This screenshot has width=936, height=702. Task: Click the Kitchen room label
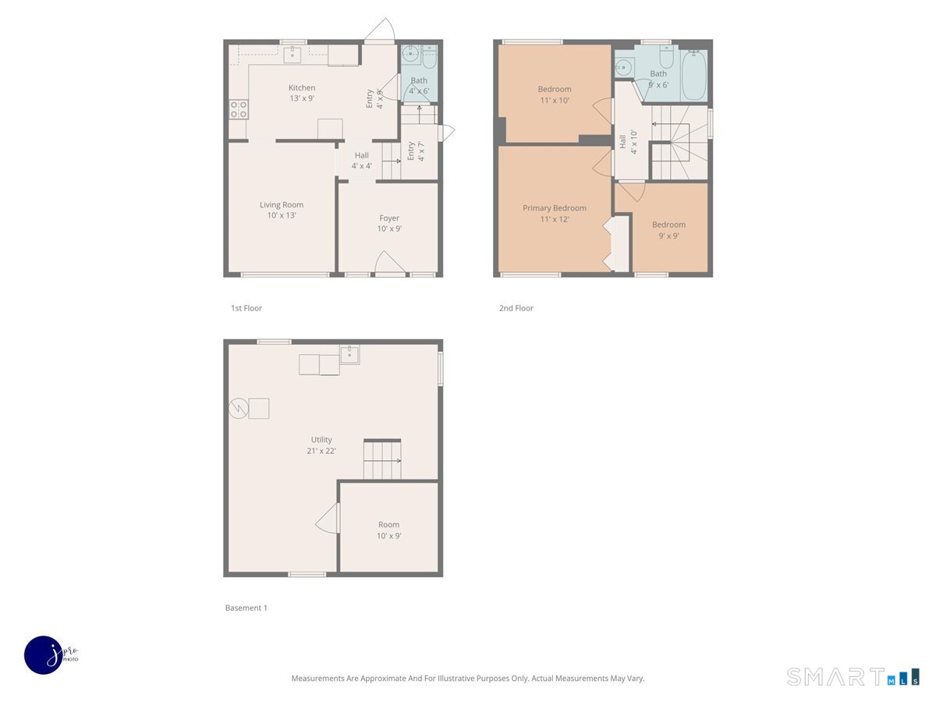(x=302, y=88)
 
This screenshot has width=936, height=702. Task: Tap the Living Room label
(x=282, y=205)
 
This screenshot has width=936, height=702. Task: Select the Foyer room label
(x=389, y=218)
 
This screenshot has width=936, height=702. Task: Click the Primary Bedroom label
(x=554, y=208)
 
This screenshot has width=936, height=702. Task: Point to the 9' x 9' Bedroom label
(x=668, y=225)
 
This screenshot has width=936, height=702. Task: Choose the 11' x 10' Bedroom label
(x=554, y=89)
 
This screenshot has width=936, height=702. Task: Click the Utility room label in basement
(x=321, y=440)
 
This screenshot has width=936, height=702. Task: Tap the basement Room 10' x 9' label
(x=388, y=525)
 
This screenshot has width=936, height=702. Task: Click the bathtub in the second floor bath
(x=693, y=76)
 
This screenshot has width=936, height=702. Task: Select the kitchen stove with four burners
(x=239, y=109)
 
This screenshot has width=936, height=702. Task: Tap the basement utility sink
(x=349, y=354)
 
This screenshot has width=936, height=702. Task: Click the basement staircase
(x=382, y=460)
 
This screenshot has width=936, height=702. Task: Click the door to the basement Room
(x=329, y=518)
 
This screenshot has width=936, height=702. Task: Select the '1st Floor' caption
(x=246, y=308)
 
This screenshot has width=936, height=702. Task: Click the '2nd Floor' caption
(x=516, y=308)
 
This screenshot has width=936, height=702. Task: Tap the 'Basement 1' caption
(x=246, y=608)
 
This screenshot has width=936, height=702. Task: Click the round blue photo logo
(x=44, y=654)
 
